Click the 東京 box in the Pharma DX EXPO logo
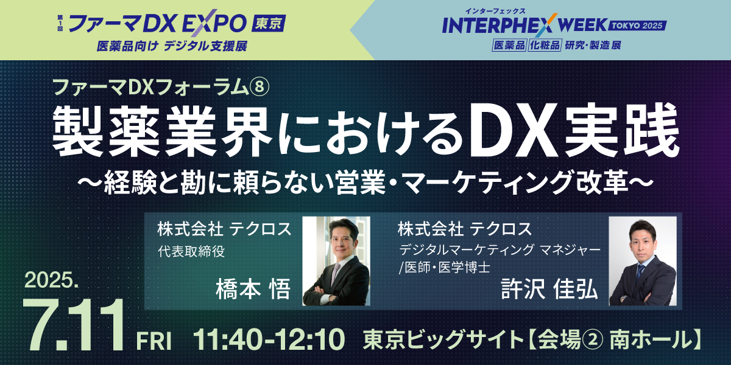coord(269,24)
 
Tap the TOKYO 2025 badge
coord(637,26)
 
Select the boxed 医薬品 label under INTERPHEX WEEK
coord(509,45)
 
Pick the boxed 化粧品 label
coord(545,45)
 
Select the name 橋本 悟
coord(253,289)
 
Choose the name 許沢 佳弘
coord(549,289)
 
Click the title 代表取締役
coord(191,251)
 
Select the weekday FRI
coord(154,341)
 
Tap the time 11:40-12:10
coord(269,339)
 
